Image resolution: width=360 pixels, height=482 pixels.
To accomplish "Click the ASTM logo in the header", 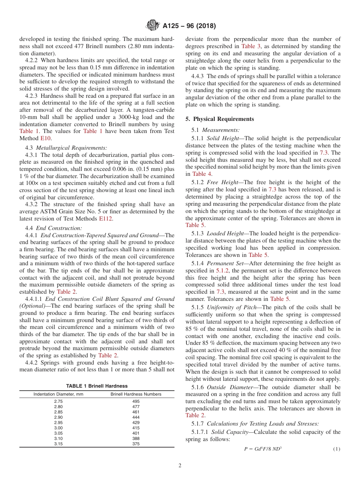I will (x=153, y=26).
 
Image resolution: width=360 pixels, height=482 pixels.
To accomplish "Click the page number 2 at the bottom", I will (x=180, y=466).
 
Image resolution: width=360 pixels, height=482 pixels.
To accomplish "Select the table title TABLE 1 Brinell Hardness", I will (x=97, y=386).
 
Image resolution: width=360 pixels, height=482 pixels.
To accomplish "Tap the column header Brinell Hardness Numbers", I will (x=136, y=394).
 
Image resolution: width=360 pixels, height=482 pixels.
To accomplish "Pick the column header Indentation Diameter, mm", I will (x=58, y=394).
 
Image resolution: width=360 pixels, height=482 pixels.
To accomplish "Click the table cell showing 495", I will (x=136, y=401).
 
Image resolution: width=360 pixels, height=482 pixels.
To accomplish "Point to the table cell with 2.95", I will (x=58, y=423).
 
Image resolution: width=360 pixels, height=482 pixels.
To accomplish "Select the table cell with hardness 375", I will (x=136, y=444).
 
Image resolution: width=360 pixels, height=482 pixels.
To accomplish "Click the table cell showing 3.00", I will (x=58, y=428).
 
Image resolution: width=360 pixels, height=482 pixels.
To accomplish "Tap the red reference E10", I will (x=45, y=138).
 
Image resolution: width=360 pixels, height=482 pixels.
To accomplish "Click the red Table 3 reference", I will (x=250, y=46).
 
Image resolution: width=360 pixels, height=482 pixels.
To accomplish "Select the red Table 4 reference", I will (x=202, y=174).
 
